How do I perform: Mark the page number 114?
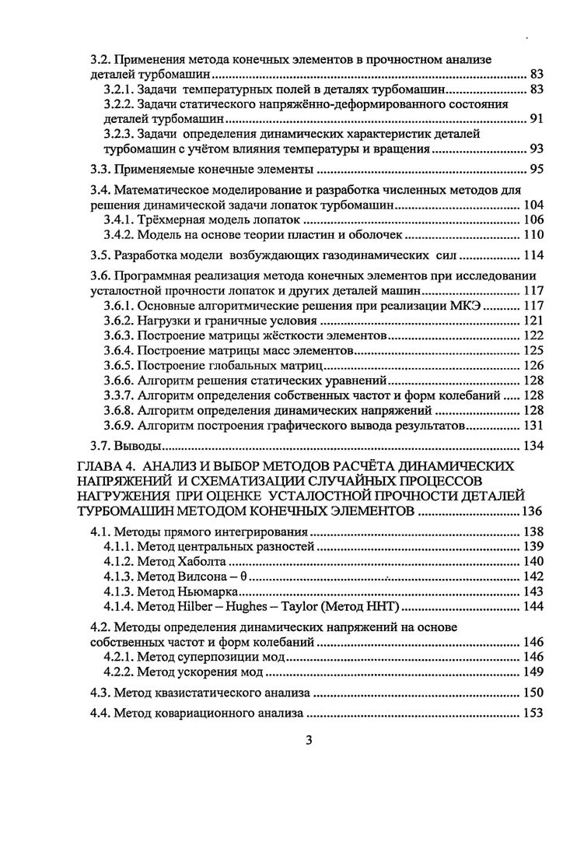pos(532,256)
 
